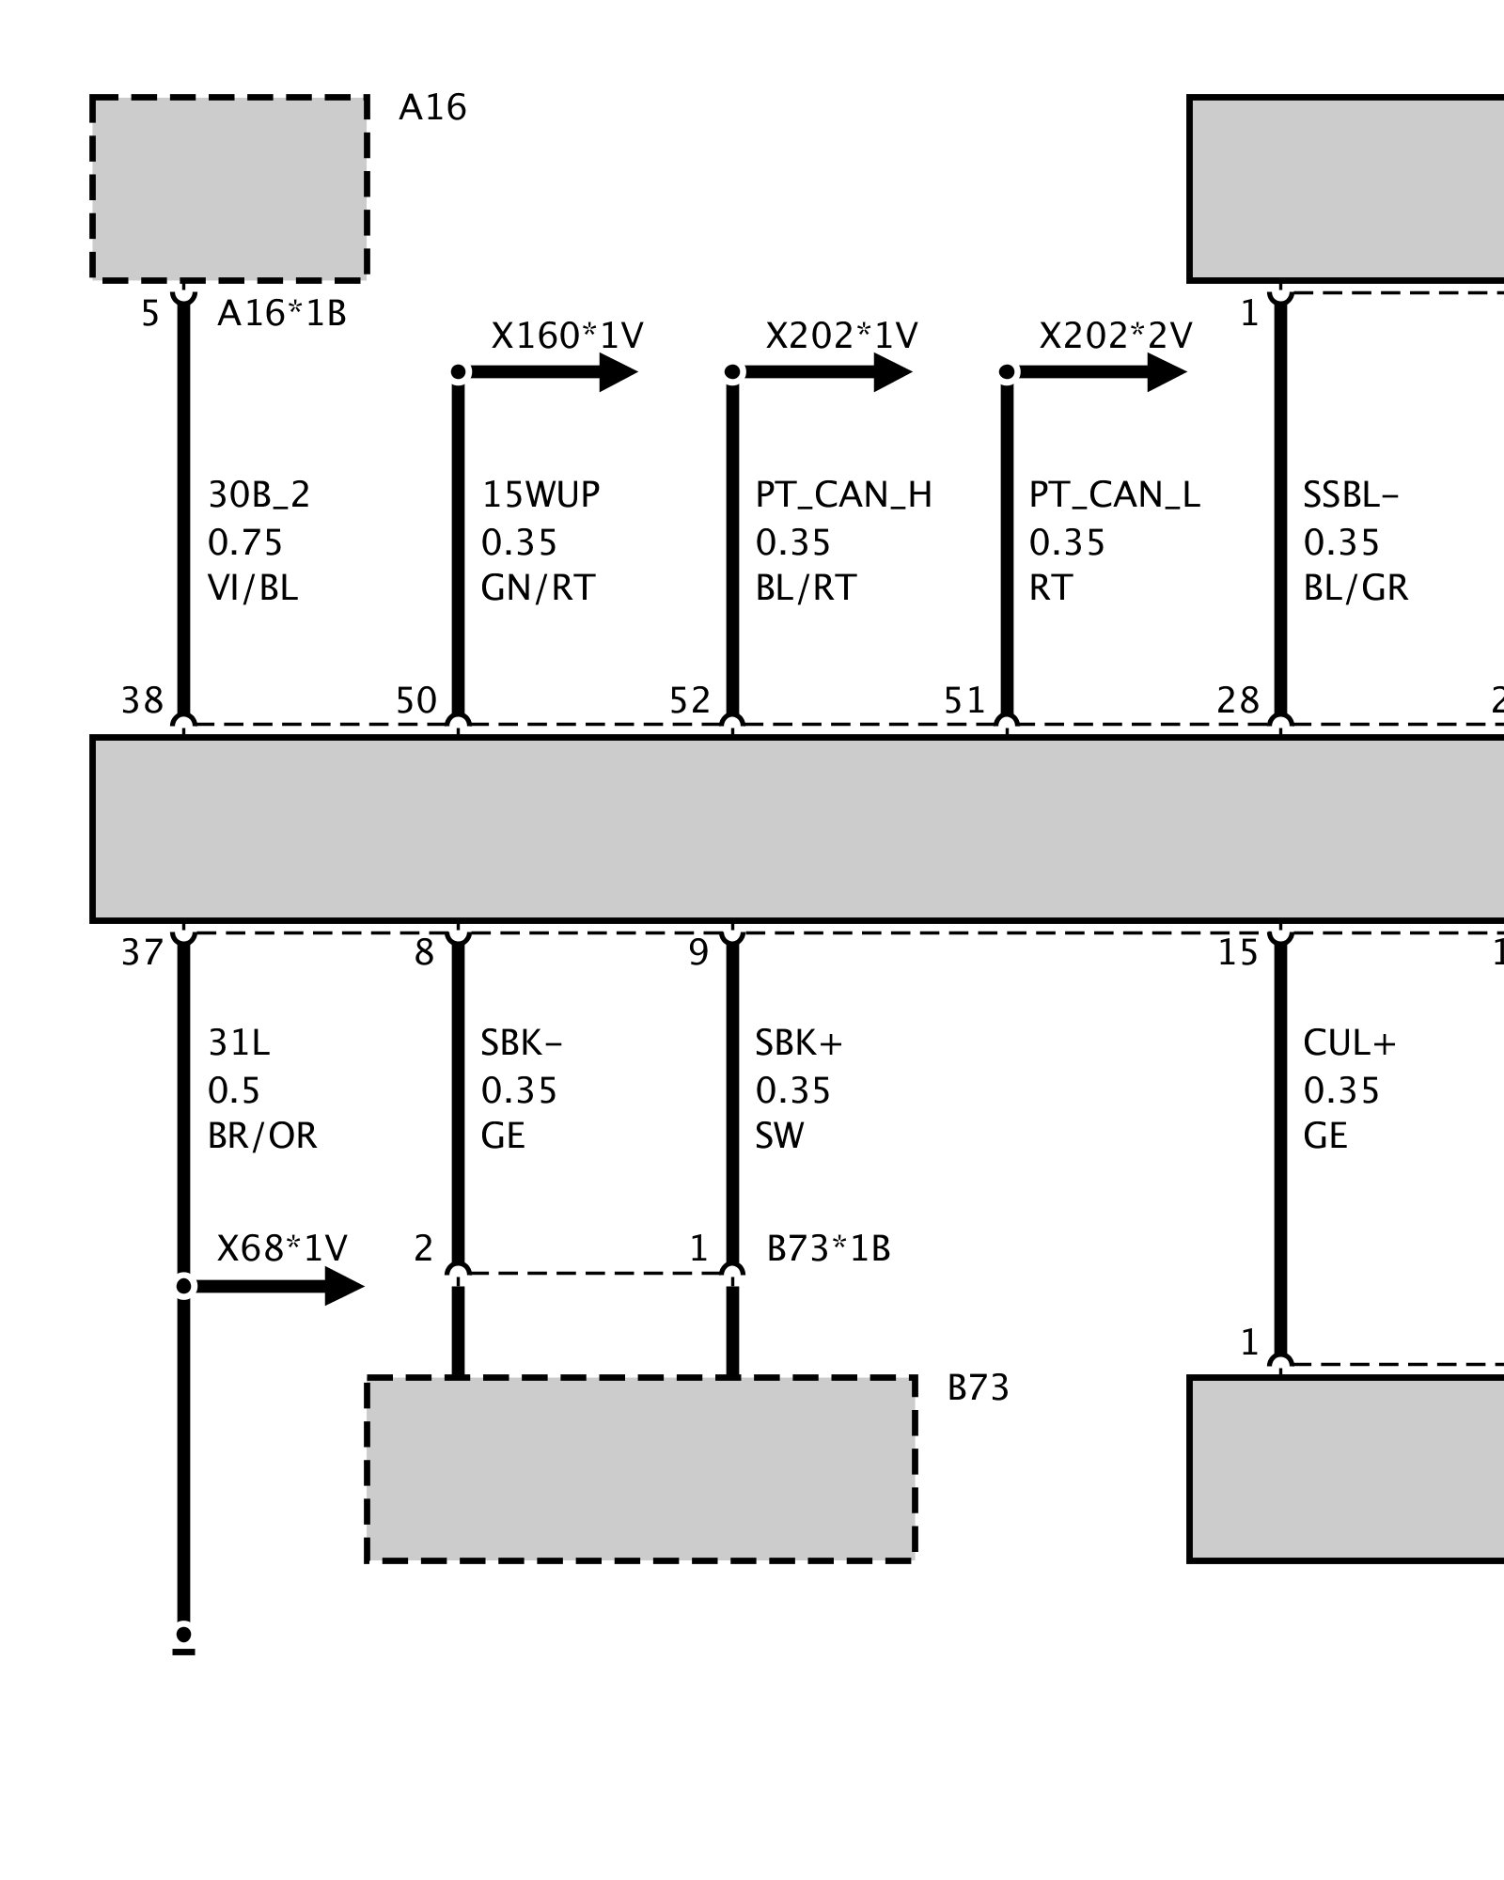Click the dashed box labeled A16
tap(228, 187)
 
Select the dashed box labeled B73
tap(640, 1468)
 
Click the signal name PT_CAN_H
tap(843, 494)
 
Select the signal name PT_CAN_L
tap(1114, 494)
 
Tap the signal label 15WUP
tap(540, 494)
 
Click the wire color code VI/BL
tap(252, 587)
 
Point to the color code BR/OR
tap(262, 1136)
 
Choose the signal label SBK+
tap(799, 1042)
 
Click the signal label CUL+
tap(1349, 1042)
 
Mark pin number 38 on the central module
tap(143, 700)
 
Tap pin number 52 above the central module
tap(690, 700)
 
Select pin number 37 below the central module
tap(143, 953)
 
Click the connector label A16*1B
tap(282, 313)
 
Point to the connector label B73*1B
tap(828, 1248)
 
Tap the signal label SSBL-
tap(1350, 494)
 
